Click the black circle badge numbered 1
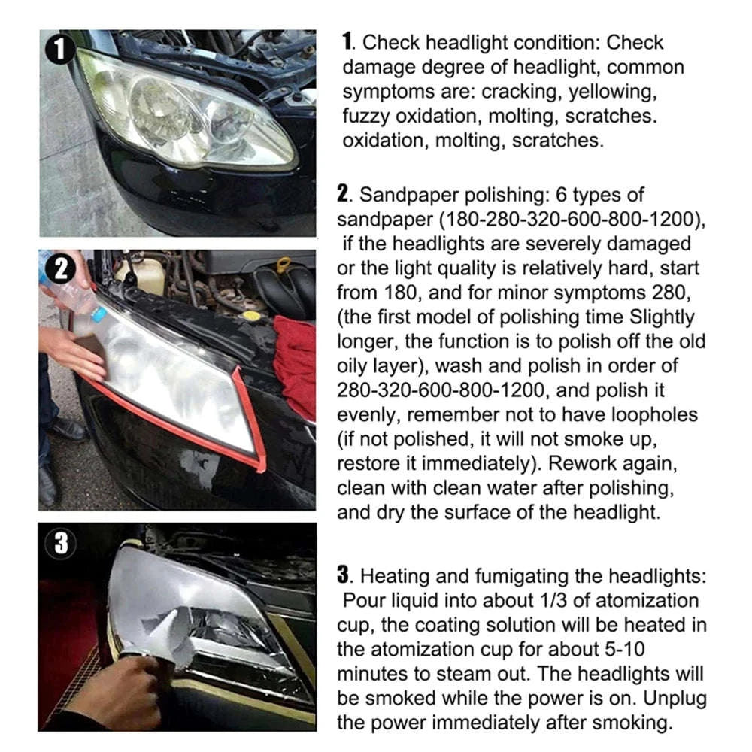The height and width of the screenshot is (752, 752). coord(59,51)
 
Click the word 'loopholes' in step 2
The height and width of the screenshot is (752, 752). coord(651,414)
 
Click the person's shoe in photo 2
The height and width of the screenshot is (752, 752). coord(68,429)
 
